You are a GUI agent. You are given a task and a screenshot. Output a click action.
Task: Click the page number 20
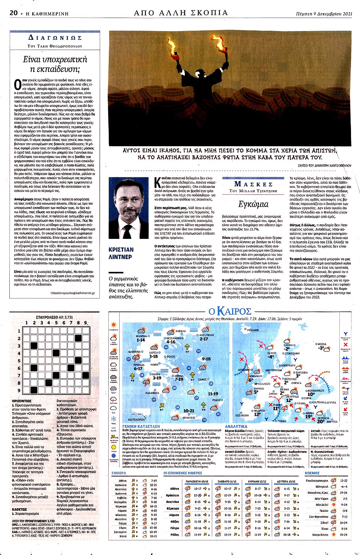(x=13, y=13)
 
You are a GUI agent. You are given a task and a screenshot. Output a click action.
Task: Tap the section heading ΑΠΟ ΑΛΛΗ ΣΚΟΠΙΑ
(x=181, y=13)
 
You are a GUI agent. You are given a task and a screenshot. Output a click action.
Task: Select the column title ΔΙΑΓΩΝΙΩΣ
(x=55, y=38)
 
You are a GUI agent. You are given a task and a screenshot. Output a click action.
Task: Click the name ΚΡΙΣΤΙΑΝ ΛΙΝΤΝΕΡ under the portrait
(x=121, y=253)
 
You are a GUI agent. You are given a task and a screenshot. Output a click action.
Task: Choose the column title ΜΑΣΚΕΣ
(x=253, y=184)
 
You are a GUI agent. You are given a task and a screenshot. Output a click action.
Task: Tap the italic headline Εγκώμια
(x=253, y=204)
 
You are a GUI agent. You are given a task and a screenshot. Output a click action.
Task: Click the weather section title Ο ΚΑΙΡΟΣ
(x=230, y=311)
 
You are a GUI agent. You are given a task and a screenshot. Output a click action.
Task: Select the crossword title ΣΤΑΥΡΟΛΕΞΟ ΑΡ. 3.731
(x=54, y=317)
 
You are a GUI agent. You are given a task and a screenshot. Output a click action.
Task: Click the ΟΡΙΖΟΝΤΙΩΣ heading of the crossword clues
(x=22, y=401)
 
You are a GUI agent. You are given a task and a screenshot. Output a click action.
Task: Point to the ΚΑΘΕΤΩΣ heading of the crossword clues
(x=19, y=509)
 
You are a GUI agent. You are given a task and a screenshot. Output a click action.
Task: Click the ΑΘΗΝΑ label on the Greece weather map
(x=179, y=375)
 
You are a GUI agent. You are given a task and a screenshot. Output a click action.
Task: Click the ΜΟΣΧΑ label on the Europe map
(x=322, y=344)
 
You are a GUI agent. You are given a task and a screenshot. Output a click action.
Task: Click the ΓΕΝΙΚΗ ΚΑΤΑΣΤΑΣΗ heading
(x=141, y=426)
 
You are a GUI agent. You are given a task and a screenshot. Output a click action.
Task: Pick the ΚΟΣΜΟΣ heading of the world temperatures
(x=312, y=473)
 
